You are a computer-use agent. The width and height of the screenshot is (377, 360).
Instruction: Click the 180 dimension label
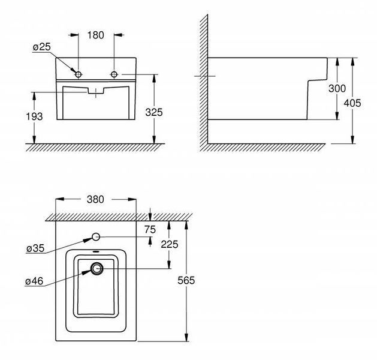point(95,35)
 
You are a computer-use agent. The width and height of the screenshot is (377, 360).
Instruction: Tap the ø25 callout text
point(42,47)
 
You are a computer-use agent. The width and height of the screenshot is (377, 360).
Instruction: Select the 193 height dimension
point(34,116)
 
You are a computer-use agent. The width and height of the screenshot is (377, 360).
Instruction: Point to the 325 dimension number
point(154,112)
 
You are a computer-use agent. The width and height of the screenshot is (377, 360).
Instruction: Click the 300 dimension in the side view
point(337,89)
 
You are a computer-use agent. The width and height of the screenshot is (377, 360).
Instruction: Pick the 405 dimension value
point(352,103)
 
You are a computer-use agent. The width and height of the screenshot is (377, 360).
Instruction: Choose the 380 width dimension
point(95,199)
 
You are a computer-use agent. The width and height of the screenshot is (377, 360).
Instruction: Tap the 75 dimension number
point(150,230)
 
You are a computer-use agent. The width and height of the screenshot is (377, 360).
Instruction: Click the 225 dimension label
point(170,244)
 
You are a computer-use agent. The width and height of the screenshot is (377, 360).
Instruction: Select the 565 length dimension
point(186,280)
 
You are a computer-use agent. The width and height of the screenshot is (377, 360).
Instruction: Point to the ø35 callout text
point(35,248)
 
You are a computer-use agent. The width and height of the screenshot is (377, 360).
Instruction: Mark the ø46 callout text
point(34,281)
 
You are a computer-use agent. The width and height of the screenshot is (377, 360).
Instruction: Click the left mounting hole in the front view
point(79,74)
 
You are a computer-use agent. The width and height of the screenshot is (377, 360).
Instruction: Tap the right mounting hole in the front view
point(114,74)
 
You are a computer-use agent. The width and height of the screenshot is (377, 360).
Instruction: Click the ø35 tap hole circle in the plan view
point(96,237)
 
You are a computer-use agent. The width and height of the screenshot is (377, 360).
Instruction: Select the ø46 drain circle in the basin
point(96,268)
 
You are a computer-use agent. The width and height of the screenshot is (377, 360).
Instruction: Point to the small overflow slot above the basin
point(96,252)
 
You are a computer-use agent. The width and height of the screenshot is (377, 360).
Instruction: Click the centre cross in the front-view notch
point(96,93)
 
